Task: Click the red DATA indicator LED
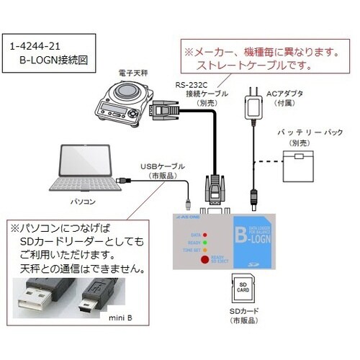coord(205,235)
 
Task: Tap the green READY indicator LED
coord(205,243)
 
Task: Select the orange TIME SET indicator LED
coord(205,251)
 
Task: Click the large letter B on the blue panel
coord(245,236)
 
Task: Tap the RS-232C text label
coord(190,84)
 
